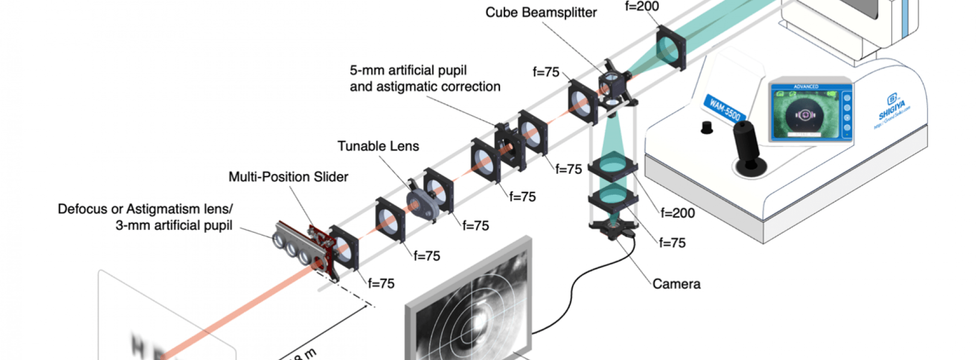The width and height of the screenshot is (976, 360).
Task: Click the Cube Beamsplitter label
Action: [x=541, y=13]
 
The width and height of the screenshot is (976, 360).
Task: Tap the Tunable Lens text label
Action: [x=378, y=146]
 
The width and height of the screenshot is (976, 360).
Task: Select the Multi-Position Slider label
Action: [x=288, y=177]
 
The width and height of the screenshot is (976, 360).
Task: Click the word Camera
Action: [x=676, y=284]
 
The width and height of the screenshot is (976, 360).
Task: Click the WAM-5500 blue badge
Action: [x=724, y=109]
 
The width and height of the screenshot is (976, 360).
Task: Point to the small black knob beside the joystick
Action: [x=706, y=127]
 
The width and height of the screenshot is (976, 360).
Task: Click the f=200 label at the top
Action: [x=642, y=7]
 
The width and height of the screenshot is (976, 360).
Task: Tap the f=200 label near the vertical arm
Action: [x=677, y=213]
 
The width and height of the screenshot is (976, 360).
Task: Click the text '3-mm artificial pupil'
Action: [x=174, y=225]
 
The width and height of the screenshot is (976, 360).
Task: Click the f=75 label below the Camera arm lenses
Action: [x=672, y=243]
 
